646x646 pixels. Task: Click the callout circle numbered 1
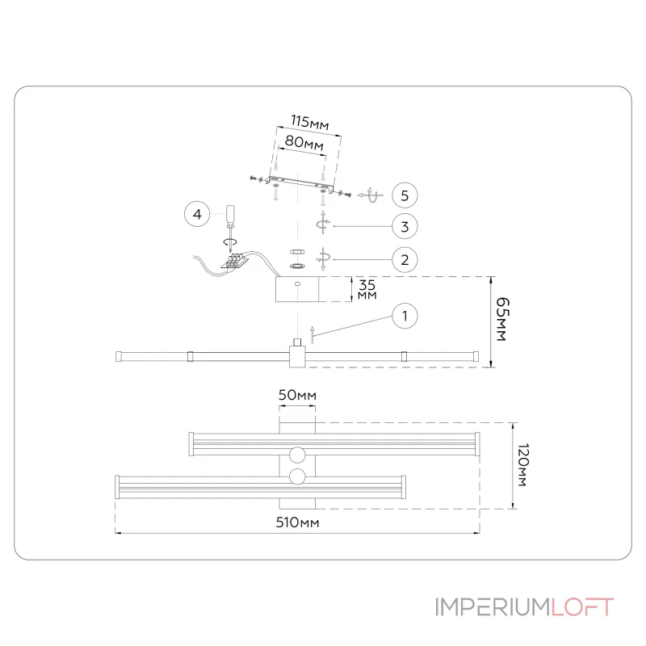(x=405, y=317)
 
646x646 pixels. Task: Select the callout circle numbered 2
(x=405, y=259)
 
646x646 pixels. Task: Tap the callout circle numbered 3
(x=405, y=227)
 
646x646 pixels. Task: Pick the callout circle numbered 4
(x=196, y=215)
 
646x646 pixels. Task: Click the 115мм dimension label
(x=309, y=123)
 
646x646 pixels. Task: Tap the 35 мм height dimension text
(x=367, y=290)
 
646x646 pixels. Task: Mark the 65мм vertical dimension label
(x=501, y=321)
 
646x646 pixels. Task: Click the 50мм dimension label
(x=297, y=395)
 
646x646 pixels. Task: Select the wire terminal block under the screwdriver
(x=237, y=261)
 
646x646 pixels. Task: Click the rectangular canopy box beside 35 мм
(x=298, y=290)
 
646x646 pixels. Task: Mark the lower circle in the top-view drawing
(x=297, y=476)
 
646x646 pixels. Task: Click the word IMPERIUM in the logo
(x=492, y=607)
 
